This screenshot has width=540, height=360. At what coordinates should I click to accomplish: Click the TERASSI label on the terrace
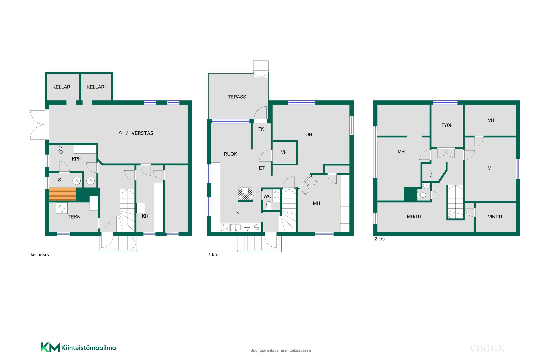[238, 97]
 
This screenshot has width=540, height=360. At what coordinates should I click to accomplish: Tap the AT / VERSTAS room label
[136, 133]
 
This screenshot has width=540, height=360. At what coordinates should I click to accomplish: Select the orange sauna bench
[62, 194]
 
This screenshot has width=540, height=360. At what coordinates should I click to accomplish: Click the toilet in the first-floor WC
[269, 205]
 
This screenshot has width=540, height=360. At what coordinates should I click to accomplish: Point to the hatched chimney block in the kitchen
[245, 194]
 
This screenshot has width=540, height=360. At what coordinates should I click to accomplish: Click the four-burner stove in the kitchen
[225, 227]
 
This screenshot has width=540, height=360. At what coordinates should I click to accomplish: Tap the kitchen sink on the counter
[236, 227]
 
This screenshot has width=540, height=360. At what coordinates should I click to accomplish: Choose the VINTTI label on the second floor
[495, 217]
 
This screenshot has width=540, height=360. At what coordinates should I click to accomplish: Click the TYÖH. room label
[448, 125]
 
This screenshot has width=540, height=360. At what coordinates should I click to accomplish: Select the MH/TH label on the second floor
[414, 216]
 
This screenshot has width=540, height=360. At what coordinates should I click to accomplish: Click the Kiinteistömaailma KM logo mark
[50, 347]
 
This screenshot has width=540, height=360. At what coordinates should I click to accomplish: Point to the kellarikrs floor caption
[40, 255]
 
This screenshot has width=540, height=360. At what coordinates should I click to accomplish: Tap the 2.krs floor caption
[379, 239]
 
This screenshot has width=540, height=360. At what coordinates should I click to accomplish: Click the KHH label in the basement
[147, 216]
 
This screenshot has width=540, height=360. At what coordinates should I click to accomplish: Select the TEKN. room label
[75, 217]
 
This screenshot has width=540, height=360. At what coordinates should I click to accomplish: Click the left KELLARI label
[62, 87]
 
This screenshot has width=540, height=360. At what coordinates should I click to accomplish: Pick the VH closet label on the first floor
[284, 152]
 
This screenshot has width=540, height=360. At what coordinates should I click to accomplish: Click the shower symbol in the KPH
[60, 150]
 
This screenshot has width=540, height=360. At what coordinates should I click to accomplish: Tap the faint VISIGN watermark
[487, 349]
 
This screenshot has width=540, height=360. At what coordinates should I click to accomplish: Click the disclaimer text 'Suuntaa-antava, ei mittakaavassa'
[281, 350]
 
